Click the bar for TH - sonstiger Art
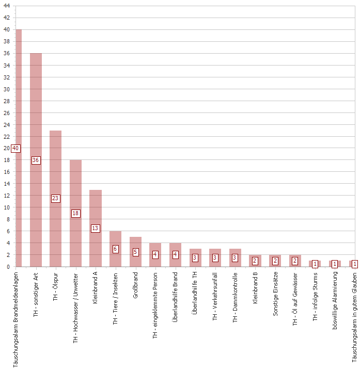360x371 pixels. (x=36, y=160)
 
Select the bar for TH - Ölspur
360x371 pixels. (x=55, y=199)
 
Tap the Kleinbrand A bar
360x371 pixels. (x=95, y=228)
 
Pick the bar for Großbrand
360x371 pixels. (x=135, y=252)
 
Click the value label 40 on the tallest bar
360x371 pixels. (x=15, y=148)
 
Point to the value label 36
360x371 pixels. (x=36, y=160)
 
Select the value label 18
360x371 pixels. (x=75, y=213)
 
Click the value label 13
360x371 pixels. (x=95, y=228)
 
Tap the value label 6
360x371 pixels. (x=115, y=249)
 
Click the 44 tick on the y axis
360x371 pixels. (x=7, y=6)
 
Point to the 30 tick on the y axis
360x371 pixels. (x=7, y=89)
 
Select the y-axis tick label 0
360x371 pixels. (x=8, y=267)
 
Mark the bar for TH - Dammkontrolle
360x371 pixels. (x=235, y=257)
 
